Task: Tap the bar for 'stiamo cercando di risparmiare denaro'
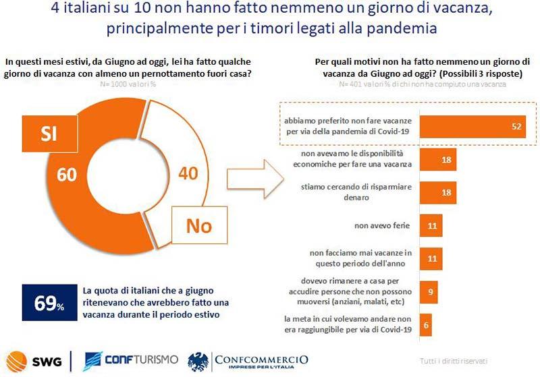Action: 438,193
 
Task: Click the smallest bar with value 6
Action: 426,324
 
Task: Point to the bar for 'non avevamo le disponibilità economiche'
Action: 438,160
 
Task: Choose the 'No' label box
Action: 198,226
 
